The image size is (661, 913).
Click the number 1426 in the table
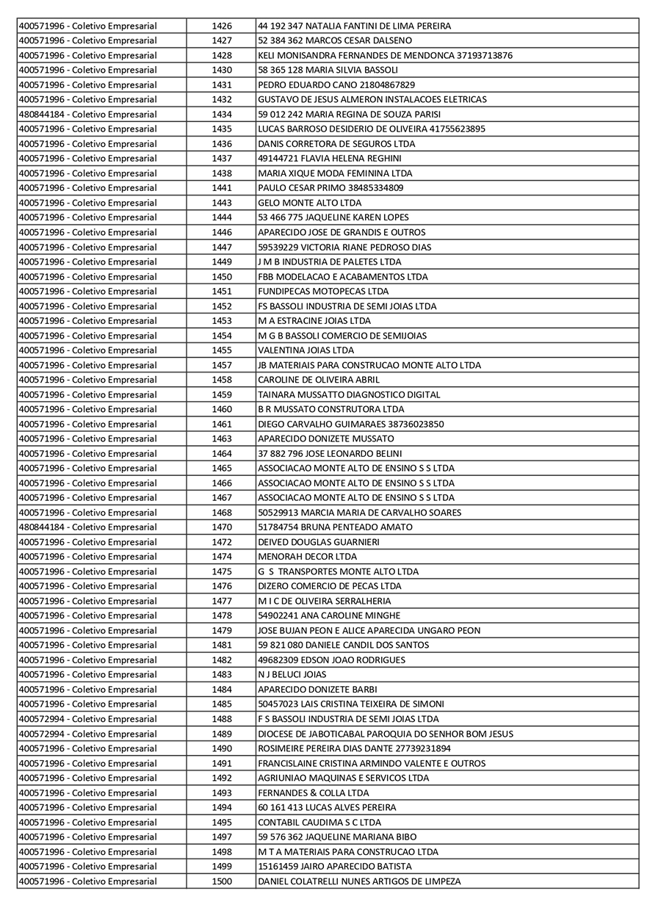pyautogui.click(x=222, y=26)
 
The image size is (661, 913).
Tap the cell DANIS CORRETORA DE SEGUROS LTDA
pyautogui.click(x=336, y=144)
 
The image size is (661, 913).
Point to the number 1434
pyautogui.click(x=222, y=115)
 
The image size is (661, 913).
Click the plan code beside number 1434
pyautogui.click(x=87, y=115)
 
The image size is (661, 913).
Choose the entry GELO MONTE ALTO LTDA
pyautogui.click(x=309, y=203)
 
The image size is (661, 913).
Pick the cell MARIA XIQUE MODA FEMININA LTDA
pyautogui.click(x=335, y=173)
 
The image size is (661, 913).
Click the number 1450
pyautogui.click(x=222, y=277)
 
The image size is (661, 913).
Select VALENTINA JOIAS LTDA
pyautogui.click(x=306, y=350)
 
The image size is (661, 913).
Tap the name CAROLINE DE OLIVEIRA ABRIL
pyautogui.click(x=319, y=380)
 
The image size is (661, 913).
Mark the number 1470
pyautogui.click(x=222, y=527)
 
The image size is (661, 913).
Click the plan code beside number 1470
pyautogui.click(x=87, y=527)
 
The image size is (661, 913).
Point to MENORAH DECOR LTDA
pyautogui.click(x=307, y=557)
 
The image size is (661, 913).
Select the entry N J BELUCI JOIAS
pyautogui.click(x=292, y=674)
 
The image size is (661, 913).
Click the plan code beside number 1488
pyautogui.click(x=87, y=719)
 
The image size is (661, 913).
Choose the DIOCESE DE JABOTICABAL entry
pyautogui.click(x=386, y=734)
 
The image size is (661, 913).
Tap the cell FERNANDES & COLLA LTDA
pyautogui.click(x=314, y=793)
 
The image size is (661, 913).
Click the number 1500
pyautogui.click(x=222, y=881)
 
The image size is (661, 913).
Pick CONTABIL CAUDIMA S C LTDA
pyautogui.click(x=319, y=823)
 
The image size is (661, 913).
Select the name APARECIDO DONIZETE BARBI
pyautogui.click(x=317, y=689)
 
